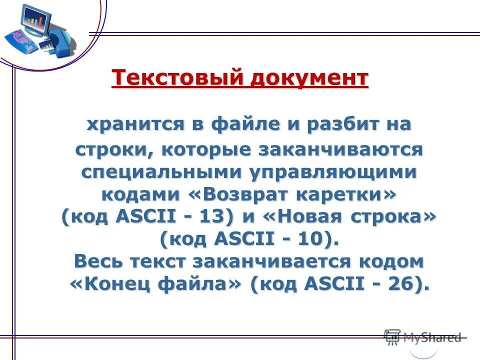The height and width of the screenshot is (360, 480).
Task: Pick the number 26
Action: coord(400,284)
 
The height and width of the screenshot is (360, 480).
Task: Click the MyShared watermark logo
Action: coord(422,337)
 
